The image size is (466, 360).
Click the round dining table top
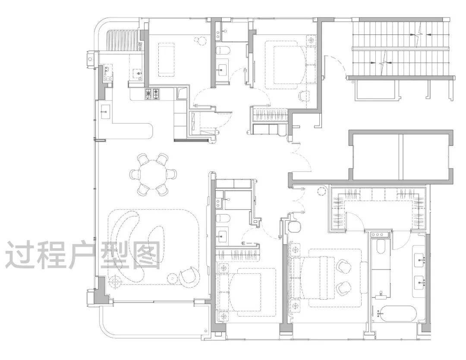(x=153, y=174)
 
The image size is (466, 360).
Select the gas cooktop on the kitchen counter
(x=153, y=94)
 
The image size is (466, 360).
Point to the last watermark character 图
(x=145, y=254)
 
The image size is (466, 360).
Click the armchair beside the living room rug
(x=189, y=275)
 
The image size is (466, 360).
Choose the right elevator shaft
(x=427, y=157)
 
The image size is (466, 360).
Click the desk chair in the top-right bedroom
(x=304, y=96)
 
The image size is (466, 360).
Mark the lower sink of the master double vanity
(x=419, y=281)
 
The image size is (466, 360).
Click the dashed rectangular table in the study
(x=167, y=59)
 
